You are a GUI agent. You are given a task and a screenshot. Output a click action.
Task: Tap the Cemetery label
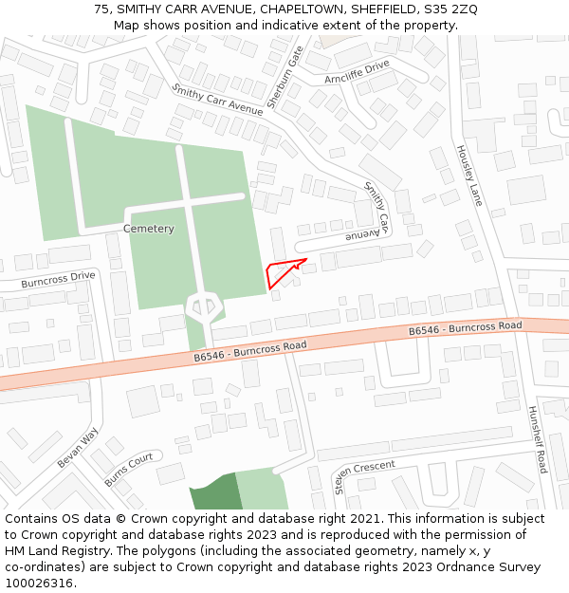tap(149, 229)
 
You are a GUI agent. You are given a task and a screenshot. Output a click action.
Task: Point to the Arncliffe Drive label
tap(358, 72)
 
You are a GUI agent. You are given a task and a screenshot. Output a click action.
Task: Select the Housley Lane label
tap(470, 176)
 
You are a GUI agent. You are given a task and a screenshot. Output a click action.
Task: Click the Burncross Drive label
tap(59, 279)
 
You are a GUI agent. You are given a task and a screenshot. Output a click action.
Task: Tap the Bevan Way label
tap(78, 447)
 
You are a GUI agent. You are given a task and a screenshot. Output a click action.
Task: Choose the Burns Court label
tap(129, 469)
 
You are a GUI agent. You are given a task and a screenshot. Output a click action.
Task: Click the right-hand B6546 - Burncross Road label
tap(465, 329)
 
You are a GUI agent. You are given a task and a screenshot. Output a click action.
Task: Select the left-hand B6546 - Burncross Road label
tap(249, 351)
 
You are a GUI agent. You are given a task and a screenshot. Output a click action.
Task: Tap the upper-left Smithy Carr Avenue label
tap(217, 100)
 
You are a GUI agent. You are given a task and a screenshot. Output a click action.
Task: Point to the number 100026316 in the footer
tap(37, 583)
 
